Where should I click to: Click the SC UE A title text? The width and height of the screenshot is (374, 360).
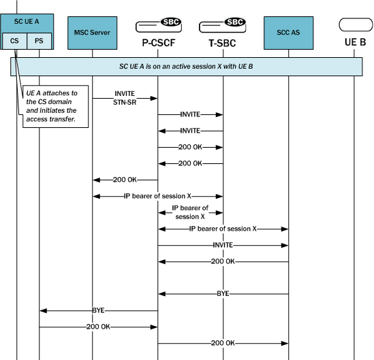point(27,22)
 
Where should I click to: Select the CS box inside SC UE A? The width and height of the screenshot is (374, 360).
point(15,41)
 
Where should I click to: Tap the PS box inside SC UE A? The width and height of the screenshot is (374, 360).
point(38,41)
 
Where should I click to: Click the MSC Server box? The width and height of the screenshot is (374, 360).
point(93,32)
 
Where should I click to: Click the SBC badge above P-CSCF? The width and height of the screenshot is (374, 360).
point(170,22)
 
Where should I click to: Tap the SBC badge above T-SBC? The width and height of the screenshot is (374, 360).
point(234,22)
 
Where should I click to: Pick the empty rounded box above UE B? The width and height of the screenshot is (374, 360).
point(355,26)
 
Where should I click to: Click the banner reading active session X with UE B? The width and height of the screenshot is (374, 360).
point(186,66)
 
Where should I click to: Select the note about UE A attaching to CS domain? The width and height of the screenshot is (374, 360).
point(53,105)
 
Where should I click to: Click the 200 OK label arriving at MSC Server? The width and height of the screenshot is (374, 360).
point(125,180)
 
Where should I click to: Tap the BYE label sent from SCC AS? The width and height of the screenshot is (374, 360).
point(223,294)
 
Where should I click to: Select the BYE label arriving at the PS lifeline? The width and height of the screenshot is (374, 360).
point(99,310)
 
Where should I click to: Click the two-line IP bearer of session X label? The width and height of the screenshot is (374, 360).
point(190,212)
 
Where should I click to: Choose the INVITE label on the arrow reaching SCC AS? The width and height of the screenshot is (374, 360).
point(223,245)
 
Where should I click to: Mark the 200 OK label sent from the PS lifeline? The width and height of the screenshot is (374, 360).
point(99,327)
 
